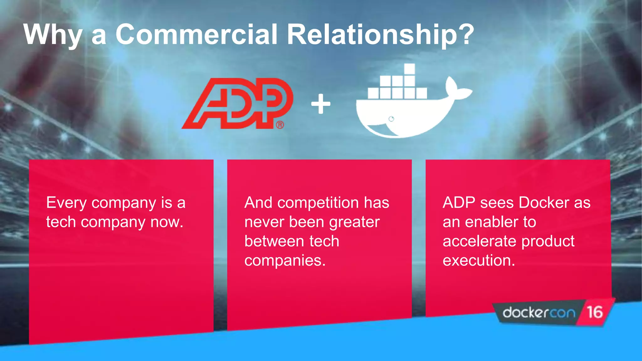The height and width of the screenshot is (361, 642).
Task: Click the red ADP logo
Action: pyautogui.click(x=237, y=103)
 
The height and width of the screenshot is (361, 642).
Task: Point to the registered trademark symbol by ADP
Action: pyautogui.click(x=280, y=125)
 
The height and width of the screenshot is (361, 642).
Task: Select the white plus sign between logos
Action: pyautogui.click(x=321, y=104)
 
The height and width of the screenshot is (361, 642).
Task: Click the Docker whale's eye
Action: pyautogui.click(x=391, y=119)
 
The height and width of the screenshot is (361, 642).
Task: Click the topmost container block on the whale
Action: pyautogui.click(x=409, y=69)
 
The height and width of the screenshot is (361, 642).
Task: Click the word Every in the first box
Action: pyautogui.click(x=66, y=203)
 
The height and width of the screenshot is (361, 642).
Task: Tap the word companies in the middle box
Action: pyautogui.click(x=284, y=261)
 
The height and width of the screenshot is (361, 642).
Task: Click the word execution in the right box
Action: pyautogui.click(x=478, y=261)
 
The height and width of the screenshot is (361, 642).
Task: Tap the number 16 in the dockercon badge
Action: pyautogui.click(x=594, y=312)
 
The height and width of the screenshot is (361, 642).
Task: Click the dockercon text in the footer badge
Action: pyautogui.click(x=539, y=312)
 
